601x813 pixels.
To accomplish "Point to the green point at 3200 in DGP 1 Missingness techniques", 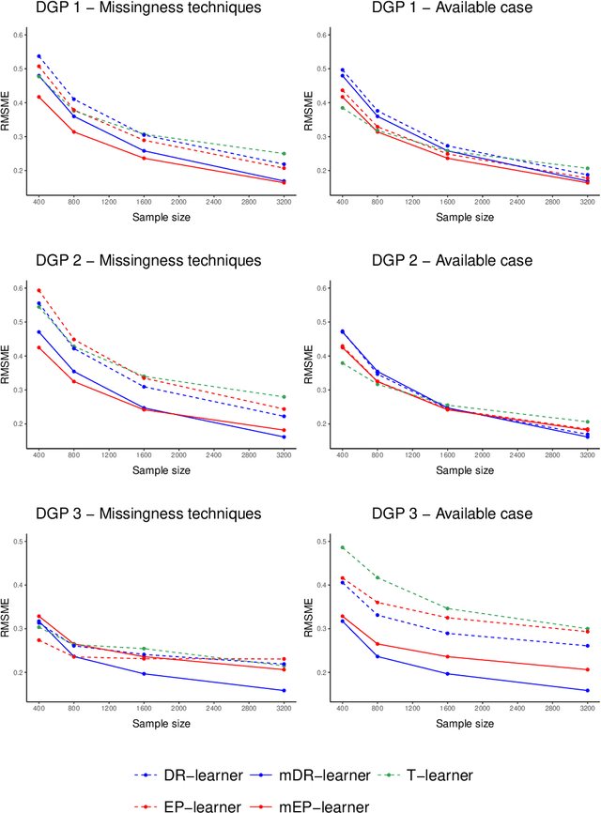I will [284, 154].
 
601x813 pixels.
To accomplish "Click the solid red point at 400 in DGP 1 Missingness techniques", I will [39, 97].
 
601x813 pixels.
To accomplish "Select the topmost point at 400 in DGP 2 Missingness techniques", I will [39, 290].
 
